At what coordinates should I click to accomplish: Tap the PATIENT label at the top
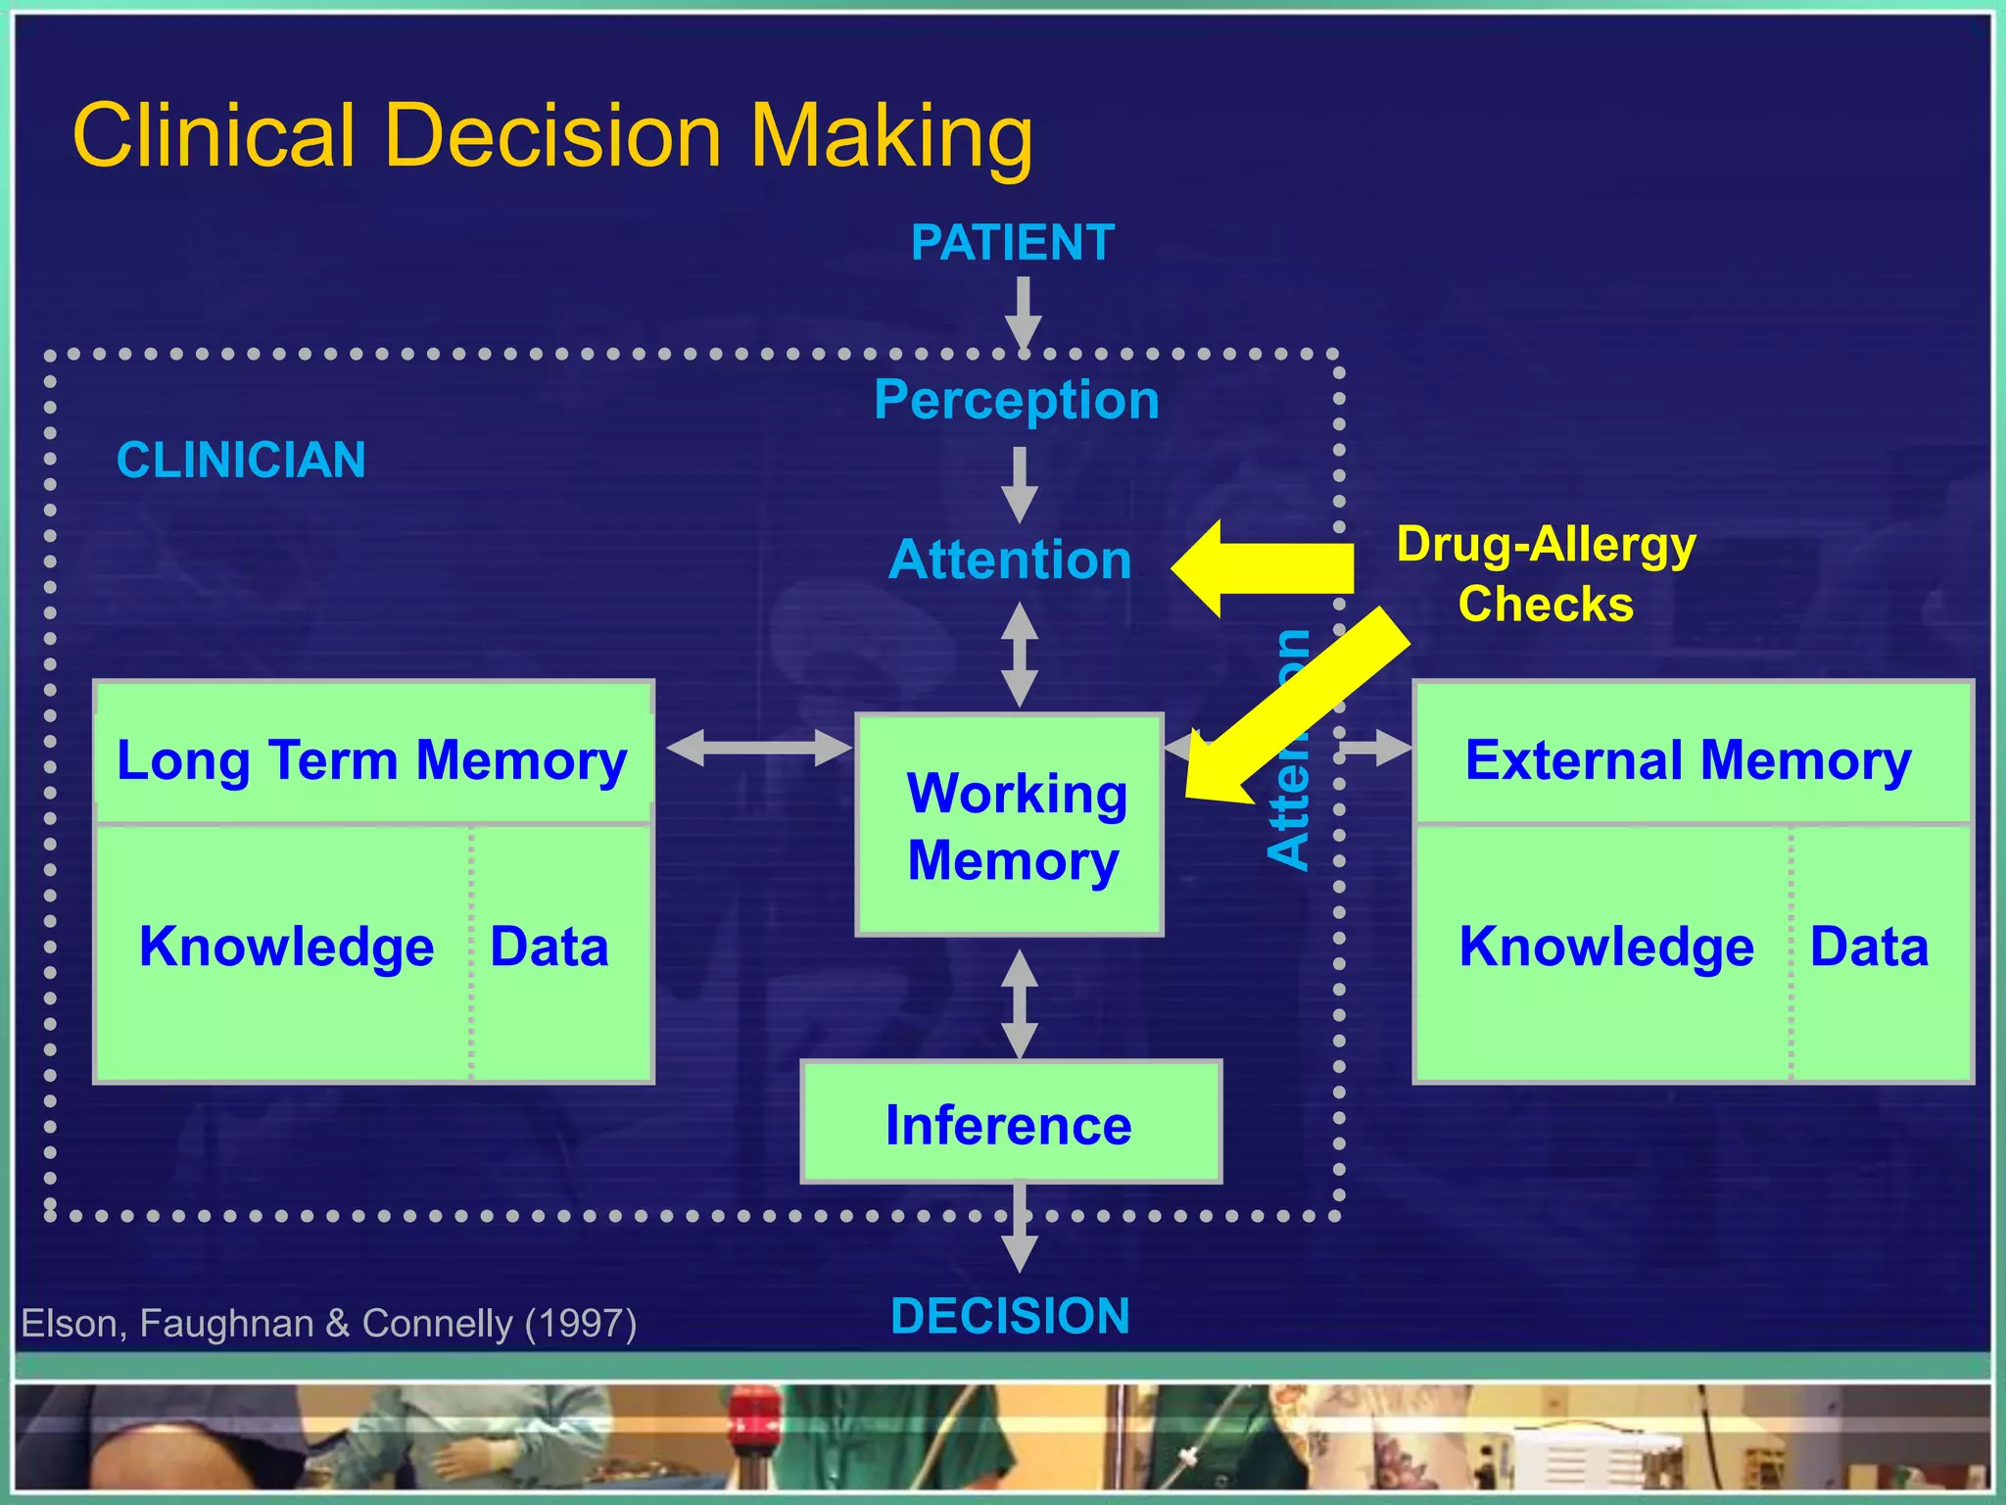pyautogui.click(x=1012, y=243)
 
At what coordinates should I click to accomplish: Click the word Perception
pyautogui.click(x=1016, y=400)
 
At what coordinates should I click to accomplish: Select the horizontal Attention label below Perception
pyautogui.click(x=1010, y=559)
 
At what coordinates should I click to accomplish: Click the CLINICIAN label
pyautogui.click(x=241, y=460)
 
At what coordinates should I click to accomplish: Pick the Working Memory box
pyautogui.click(x=1010, y=826)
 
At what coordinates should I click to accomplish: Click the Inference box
pyautogui.click(x=1010, y=1123)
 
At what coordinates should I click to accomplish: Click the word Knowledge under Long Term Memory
pyautogui.click(x=286, y=947)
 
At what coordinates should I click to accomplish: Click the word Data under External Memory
pyautogui.click(x=1868, y=947)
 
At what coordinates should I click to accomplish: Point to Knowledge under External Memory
pyautogui.click(x=1605, y=947)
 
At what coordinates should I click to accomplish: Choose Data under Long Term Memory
pyautogui.click(x=549, y=947)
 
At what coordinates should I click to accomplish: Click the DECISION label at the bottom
pyautogui.click(x=1010, y=1316)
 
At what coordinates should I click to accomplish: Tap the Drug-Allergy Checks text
pyautogui.click(x=1546, y=573)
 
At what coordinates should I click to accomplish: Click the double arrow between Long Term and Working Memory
pyautogui.click(x=758, y=749)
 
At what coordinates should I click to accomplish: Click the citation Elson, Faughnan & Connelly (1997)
pyautogui.click(x=329, y=1324)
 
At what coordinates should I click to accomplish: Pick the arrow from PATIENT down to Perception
pyautogui.click(x=1023, y=312)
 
